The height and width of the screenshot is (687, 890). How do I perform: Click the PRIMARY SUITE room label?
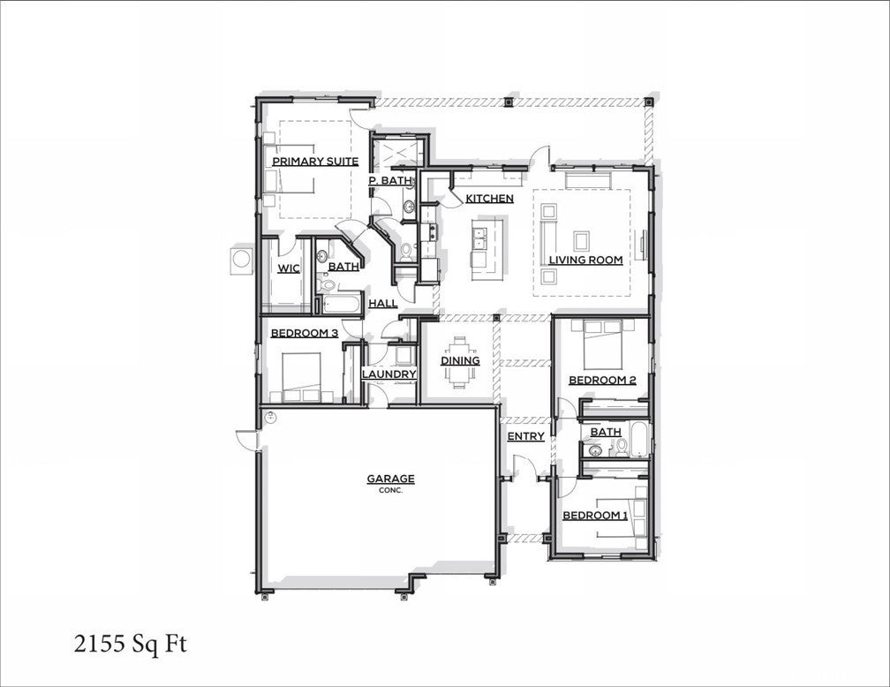pos(314,162)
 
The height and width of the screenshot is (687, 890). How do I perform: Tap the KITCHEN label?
pos(489,199)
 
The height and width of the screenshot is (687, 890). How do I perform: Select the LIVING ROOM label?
pos(585,260)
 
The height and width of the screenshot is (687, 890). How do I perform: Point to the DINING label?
pos(460,360)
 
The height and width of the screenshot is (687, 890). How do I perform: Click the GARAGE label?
pos(390,479)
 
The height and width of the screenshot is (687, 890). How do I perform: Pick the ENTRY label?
pos(525,436)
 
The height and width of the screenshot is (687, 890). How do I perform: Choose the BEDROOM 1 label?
pos(595,515)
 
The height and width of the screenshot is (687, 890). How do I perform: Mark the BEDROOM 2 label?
pos(602,381)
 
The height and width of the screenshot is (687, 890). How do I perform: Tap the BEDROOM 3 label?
pos(304,333)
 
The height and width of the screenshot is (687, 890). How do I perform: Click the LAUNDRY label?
pos(388,374)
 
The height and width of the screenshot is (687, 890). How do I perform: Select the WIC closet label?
pos(289,268)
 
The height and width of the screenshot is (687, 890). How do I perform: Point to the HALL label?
pos(382,303)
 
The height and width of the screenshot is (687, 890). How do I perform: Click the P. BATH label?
pos(390,180)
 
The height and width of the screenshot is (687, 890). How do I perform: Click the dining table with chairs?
pos(460,361)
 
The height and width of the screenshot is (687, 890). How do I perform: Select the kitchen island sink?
pos(480,238)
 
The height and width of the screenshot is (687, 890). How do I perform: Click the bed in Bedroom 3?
pos(301,374)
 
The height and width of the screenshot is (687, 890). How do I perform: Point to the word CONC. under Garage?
pos(390,490)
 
